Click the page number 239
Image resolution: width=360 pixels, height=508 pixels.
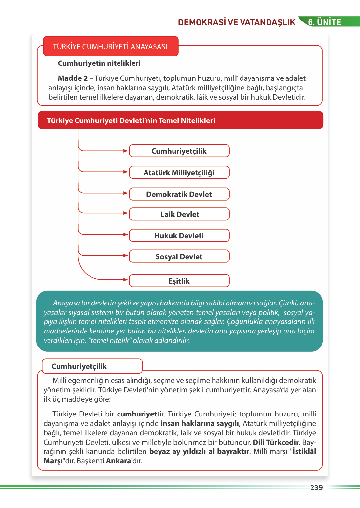click(316, 487)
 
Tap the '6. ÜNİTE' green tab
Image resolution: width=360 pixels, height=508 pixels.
click(325, 22)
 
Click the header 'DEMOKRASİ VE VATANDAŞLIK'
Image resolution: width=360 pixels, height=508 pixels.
click(236, 22)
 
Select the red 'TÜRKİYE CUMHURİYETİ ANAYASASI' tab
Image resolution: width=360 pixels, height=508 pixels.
click(110, 47)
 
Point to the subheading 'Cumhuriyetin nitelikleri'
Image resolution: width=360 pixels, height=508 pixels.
click(99, 63)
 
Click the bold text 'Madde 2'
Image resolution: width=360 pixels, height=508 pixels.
click(73, 78)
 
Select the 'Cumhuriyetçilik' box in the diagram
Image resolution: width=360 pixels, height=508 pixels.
click(179, 151)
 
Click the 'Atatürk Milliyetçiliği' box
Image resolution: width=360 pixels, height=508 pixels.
click(179, 173)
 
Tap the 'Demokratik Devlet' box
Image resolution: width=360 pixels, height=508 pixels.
click(179, 194)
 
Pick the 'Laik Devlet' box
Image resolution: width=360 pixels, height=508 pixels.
click(179, 214)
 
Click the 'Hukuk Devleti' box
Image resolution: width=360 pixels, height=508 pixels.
click(179, 236)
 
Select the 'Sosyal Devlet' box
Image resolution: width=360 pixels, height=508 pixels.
click(179, 257)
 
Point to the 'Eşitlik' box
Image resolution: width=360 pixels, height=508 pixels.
click(179, 281)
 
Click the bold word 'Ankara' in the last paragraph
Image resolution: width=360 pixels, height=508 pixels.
click(118, 461)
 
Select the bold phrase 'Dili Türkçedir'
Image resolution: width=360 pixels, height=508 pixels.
click(276, 442)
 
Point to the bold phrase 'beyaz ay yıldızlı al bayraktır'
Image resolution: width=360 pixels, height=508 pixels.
click(199, 452)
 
